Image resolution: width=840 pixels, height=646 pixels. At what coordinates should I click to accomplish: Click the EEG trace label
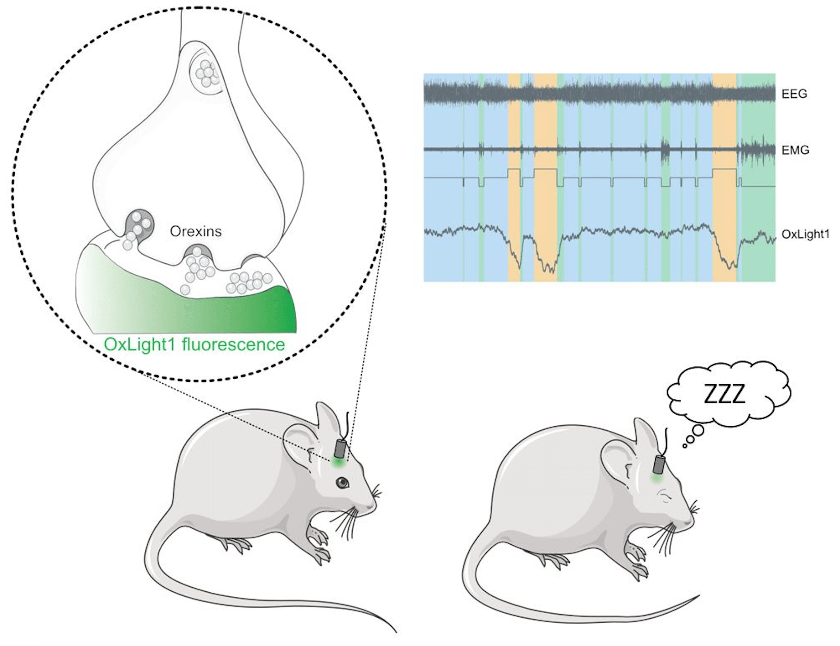pyautogui.click(x=794, y=94)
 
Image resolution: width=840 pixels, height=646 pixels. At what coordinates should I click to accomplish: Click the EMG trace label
pyautogui.click(x=795, y=150)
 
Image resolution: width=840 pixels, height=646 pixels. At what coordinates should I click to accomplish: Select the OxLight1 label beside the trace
pyautogui.click(x=806, y=234)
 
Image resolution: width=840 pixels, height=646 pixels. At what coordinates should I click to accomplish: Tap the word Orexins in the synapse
pyautogui.click(x=196, y=231)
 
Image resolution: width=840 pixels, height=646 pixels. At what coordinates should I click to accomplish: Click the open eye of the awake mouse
pyautogui.click(x=344, y=483)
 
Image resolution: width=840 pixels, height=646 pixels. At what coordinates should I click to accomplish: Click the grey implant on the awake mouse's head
pyautogui.click(x=340, y=448)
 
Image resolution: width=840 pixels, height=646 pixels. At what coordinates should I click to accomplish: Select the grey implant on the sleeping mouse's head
pyautogui.click(x=659, y=464)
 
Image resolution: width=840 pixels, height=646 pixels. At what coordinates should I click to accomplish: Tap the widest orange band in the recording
pyautogui.click(x=545, y=177)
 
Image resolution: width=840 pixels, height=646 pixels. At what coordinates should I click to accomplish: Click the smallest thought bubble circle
pyautogui.click(x=685, y=446)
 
